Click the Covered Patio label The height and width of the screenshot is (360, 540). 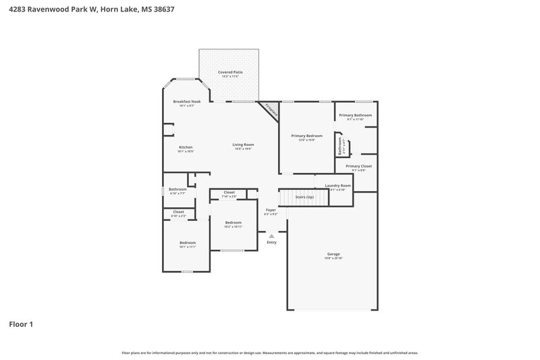point(230,72)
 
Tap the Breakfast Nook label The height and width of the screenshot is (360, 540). point(187,101)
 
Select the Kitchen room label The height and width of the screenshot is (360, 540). point(186,147)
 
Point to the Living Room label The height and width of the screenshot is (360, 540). point(243,145)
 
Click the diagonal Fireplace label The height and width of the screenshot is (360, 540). point(271,110)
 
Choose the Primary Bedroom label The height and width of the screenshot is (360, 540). point(307,136)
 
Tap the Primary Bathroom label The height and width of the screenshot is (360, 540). point(355,115)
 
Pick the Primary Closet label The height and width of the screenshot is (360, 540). point(358,165)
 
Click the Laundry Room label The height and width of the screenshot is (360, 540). point(337,185)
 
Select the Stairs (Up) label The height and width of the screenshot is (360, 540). point(300,197)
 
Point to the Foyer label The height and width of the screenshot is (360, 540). point(271,210)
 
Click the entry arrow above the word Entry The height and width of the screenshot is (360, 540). point(271,236)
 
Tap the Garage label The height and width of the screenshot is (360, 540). point(333,254)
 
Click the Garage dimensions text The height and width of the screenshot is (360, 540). point(333,259)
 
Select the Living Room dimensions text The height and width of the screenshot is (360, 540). point(243,149)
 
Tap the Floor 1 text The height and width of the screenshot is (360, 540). point(21,324)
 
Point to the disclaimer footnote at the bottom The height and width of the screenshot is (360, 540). point(270,353)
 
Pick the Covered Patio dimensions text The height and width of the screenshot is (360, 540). point(230,76)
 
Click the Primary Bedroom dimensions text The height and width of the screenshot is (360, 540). point(307,140)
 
